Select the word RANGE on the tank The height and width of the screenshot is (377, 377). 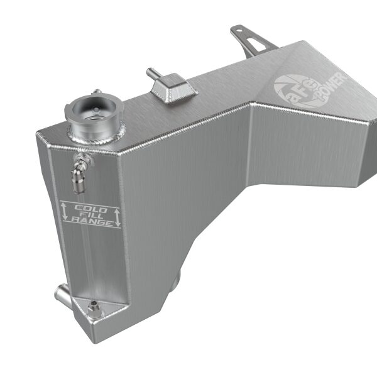91,222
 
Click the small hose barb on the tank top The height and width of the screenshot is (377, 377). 151,74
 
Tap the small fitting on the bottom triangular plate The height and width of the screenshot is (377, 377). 94,309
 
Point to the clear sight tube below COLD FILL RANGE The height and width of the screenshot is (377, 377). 88,264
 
